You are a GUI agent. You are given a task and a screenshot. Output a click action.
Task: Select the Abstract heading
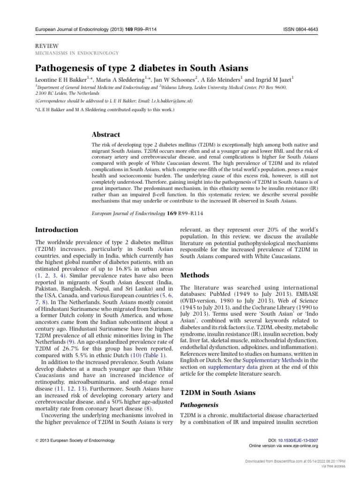coord(107,135)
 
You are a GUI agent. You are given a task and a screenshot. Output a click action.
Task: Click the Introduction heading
coord(57,230)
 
